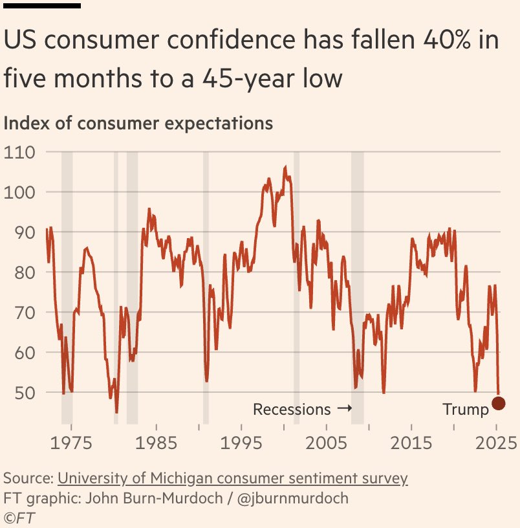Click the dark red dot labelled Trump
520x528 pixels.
click(498, 403)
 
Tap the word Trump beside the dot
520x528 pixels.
click(466, 410)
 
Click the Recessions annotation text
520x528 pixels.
click(292, 410)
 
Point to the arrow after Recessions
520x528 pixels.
click(344, 410)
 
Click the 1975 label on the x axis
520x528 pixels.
click(72, 443)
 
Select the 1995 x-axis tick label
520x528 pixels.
click(241, 443)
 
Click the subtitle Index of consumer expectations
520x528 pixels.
click(138, 122)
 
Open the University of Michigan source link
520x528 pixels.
click(233, 479)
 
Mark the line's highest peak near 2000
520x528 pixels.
click(285, 167)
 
